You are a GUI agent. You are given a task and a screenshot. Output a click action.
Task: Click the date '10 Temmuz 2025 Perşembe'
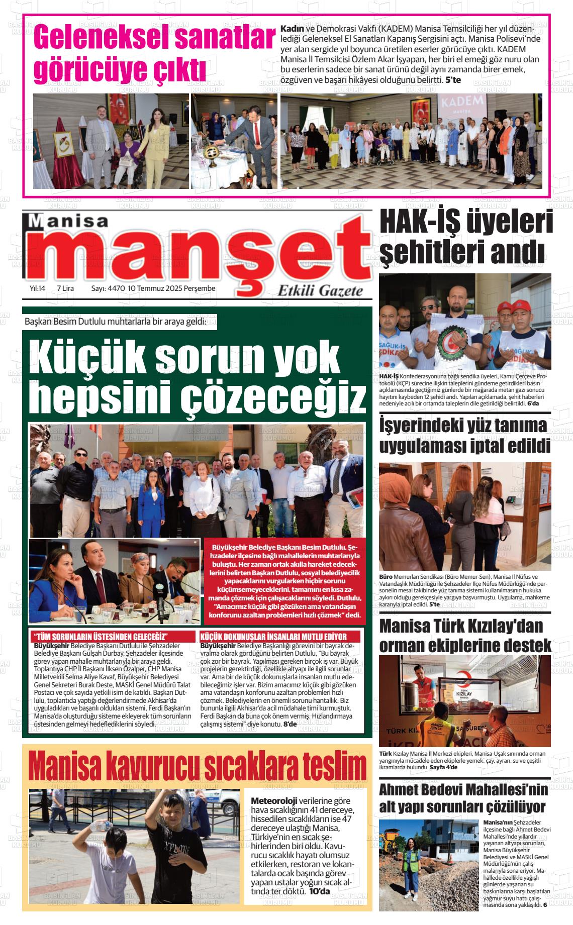point(171,288)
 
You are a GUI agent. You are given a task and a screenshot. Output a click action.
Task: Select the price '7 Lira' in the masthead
point(65,288)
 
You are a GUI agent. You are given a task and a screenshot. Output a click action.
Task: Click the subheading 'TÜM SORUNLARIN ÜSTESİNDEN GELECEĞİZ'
point(101,636)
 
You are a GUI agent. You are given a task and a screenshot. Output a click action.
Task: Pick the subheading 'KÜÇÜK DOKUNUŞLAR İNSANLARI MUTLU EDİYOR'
point(280,636)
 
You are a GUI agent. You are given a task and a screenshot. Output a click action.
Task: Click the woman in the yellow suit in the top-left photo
point(151,146)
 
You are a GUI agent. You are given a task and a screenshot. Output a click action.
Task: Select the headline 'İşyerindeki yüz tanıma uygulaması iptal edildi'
point(463,435)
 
